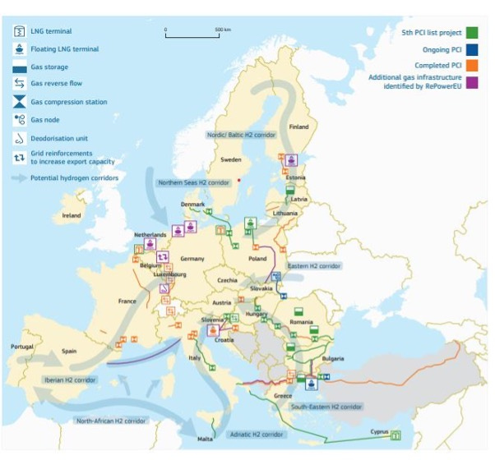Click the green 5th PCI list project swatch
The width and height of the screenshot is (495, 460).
point(472,32)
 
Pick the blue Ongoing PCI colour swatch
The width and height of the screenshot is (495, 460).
point(472,49)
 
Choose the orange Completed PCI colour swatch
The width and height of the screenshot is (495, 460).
point(472,66)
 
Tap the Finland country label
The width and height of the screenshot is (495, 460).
point(298,127)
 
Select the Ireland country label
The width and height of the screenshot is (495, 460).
point(72,215)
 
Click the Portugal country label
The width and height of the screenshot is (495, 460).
point(21,346)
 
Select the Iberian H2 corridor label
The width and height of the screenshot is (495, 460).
point(73,379)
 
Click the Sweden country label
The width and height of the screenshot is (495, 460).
point(230,160)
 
